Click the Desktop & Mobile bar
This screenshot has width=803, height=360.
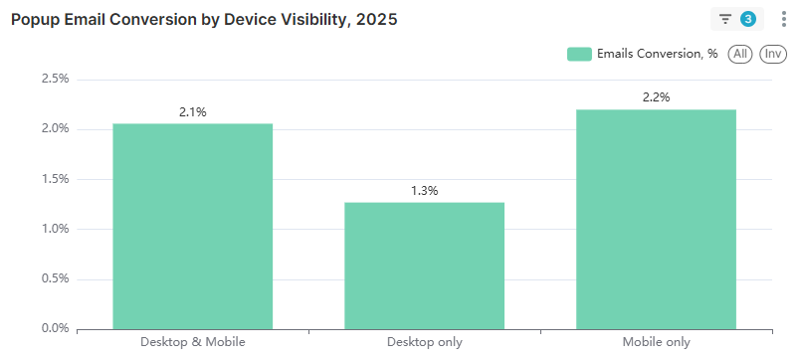pyautogui.click(x=192, y=226)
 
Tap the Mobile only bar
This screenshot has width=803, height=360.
pyautogui.click(x=656, y=219)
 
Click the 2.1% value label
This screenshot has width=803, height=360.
pyautogui.click(x=192, y=112)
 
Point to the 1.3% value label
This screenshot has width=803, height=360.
pyautogui.click(x=424, y=190)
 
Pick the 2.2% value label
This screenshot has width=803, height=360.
pyautogui.click(x=656, y=97)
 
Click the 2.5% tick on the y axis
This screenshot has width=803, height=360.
pyautogui.click(x=56, y=79)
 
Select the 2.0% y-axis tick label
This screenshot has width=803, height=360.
pyautogui.click(x=56, y=128)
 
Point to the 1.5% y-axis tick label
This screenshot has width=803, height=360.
pyautogui.click(x=56, y=179)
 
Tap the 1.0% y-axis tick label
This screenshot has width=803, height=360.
pyautogui.click(x=56, y=229)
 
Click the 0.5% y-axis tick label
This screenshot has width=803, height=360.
pyautogui.click(x=56, y=278)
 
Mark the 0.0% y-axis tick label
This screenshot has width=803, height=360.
pyautogui.click(x=56, y=328)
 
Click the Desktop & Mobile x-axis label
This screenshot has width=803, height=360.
pyautogui.click(x=192, y=342)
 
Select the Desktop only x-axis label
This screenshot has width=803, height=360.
pyautogui.click(x=424, y=342)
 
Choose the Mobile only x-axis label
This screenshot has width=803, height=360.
pyautogui.click(x=656, y=342)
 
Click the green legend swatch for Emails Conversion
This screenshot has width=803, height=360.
pyautogui.click(x=579, y=54)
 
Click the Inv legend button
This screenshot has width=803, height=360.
pyautogui.click(x=772, y=54)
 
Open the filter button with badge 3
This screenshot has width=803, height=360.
pyautogui.click(x=735, y=19)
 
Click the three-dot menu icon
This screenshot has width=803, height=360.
pyautogui.click(x=783, y=19)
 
